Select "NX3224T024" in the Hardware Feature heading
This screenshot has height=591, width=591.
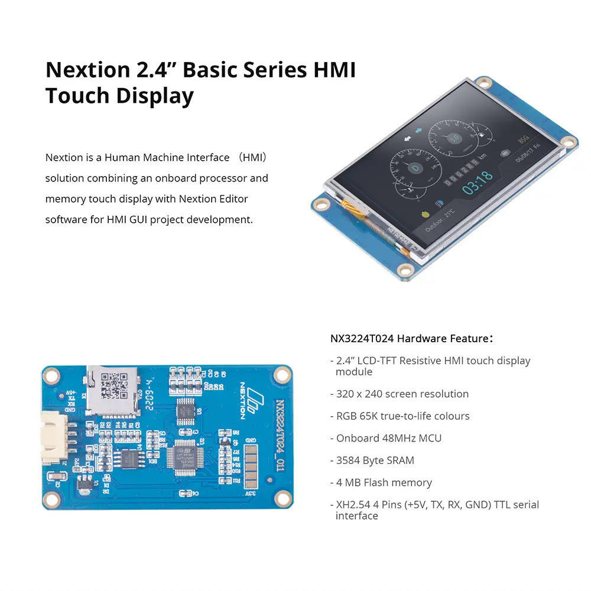coord(362,339)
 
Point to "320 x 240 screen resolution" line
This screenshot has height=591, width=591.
coord(402,394)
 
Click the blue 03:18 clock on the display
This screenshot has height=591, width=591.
coord(477,176)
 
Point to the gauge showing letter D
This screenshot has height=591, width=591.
coord(414,168)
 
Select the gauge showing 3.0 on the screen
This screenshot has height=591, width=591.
coord(454,138)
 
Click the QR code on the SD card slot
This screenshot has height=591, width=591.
coord(113,385)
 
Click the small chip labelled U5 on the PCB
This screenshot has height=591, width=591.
coord(186,408)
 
